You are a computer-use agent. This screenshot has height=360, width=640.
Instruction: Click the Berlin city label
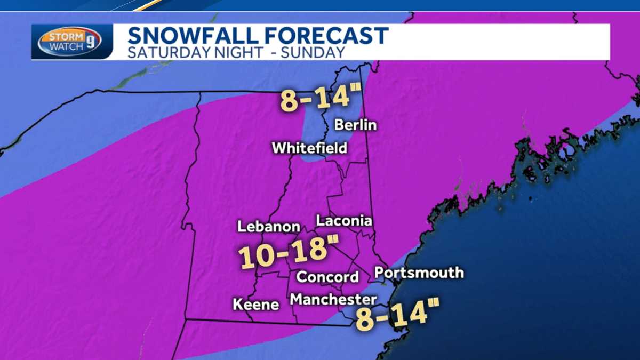pyautogui.click(x=356, y=125)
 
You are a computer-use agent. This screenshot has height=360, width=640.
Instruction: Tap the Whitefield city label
pyautogui.click(x=309, y=148)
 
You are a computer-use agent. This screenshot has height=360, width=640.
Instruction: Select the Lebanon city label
pyautogui.click(x=269, y=226)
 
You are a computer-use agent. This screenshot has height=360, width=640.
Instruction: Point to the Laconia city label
pyautogui.click(x=344, y=220)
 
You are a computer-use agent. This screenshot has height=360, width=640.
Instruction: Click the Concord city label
pyautogui.click(x=327, y=277)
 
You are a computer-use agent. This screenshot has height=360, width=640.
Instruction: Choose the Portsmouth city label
pyautogui.click(x=419, y=273)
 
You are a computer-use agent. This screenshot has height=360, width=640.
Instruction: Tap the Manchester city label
pyautogui.click(x=333, y=299)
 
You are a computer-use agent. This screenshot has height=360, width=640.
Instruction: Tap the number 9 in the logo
pyautogui.click(x=91, y=42)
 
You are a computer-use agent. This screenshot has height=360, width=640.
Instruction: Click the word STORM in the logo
pyautogui.click(x=64, y=36)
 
